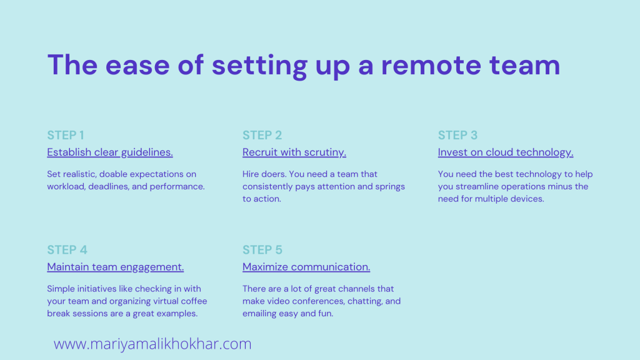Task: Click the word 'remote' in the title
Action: pyautogui.click(x=431, y=65)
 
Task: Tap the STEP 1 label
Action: pyautogui.click(x=65, y=135)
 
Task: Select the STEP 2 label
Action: pyautogui.click(x=262, y=135)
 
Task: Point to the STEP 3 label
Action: pyautogui.click(x=457, y=135)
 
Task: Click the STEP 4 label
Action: pyautogui.click(x=67, y=250)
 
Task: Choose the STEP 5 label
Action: pyautogui.click(x=262, y=250)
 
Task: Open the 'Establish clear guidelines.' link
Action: pyautogui.click(x=110, y=152)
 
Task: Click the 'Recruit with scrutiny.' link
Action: pyautogui.click(x=294, y=152)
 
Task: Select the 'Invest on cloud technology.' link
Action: pyautogui.click(x=506, y=152)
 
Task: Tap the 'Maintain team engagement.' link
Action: pyautogui.click(x=116, y=267)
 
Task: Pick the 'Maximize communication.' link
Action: pyautogui.click(x=306, y=267)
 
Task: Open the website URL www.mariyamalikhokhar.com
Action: pyautogui.click(x=152, y=344)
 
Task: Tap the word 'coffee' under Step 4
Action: pyautogui.click(x=194, y=301)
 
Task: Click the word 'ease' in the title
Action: pyautogui.click(x=137, y=65)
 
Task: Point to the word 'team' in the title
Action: pyautogui.click(x=525, y=65)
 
